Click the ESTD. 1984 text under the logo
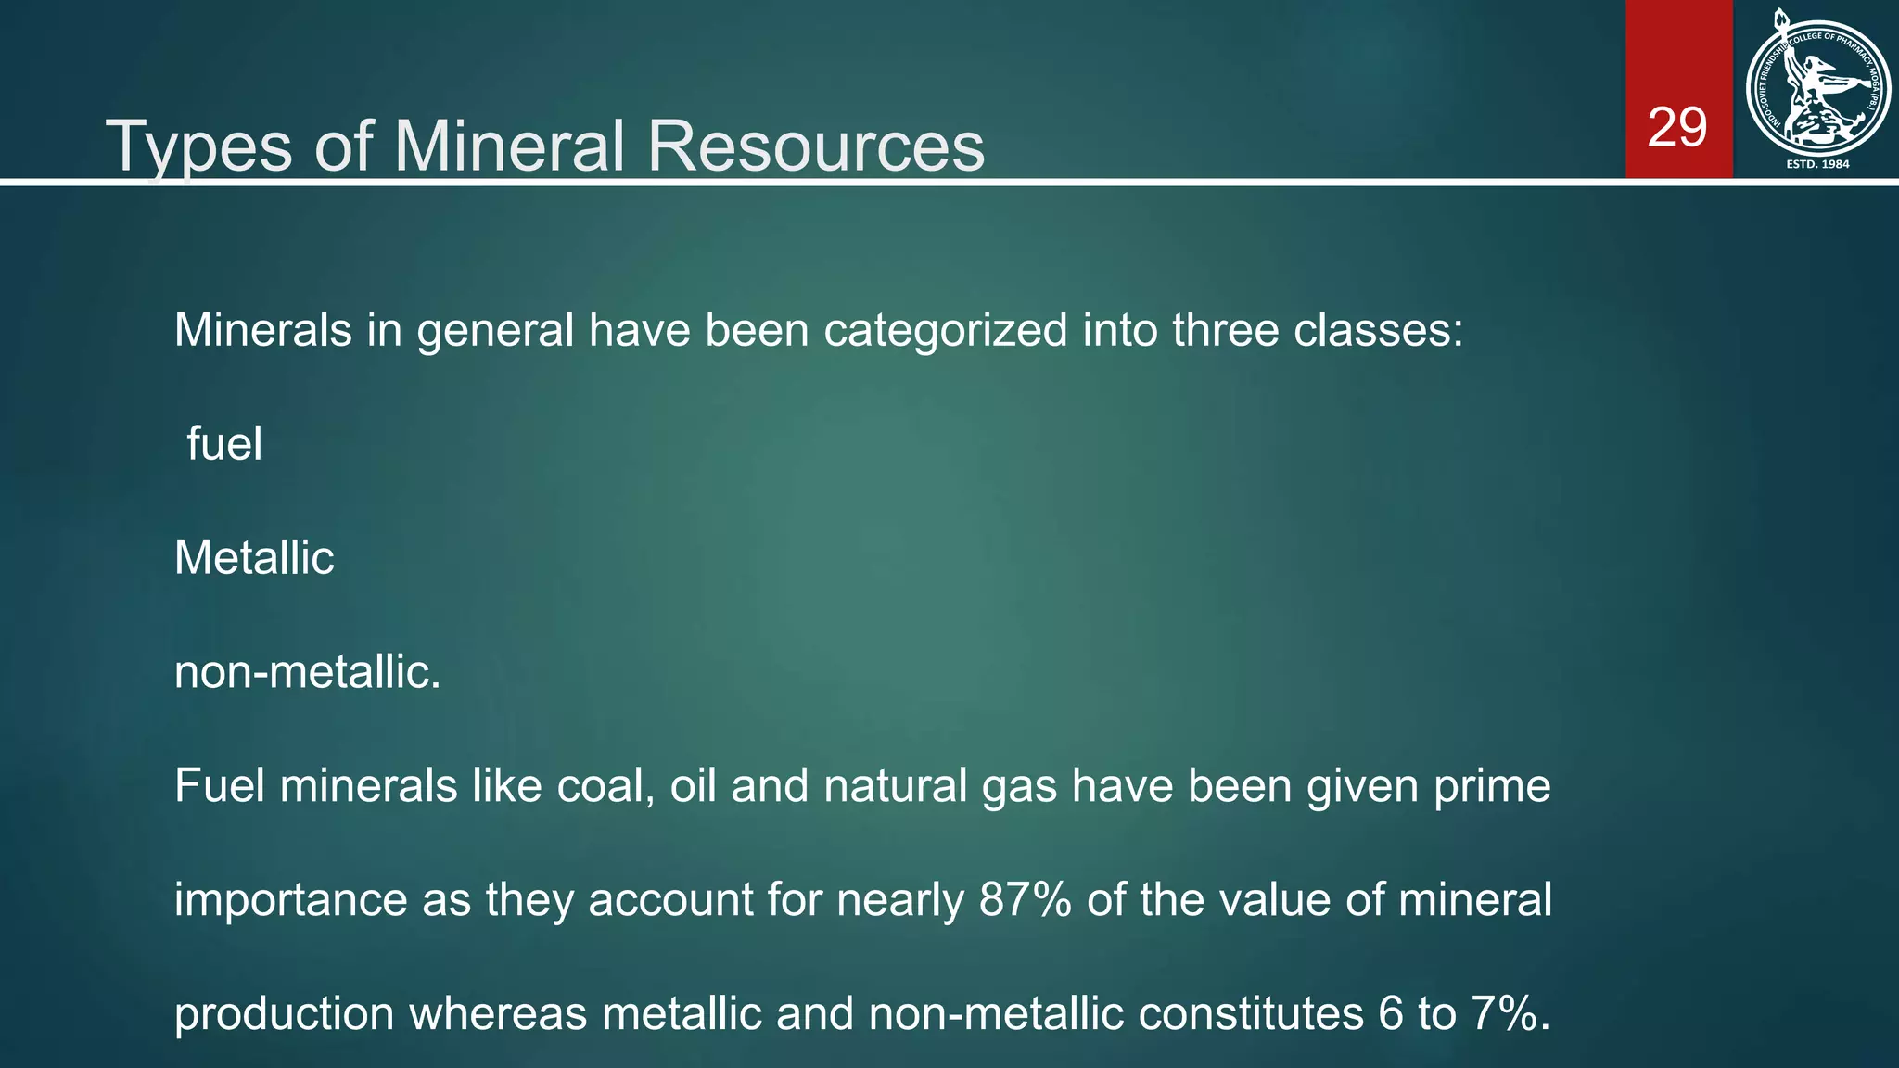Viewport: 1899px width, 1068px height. (x=1817, y=164)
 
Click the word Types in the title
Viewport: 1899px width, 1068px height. (x=199, y=146)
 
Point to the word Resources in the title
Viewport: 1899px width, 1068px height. (x=816, y=146)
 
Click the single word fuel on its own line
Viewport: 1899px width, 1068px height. (x=224, y=443)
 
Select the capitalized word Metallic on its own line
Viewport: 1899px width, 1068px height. (x=254, y=557)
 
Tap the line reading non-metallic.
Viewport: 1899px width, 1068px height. (x=307, y=671)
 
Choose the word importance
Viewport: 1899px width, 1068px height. (x=290, y=899)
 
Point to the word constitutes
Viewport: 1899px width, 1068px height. (x=1251, y=1013)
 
